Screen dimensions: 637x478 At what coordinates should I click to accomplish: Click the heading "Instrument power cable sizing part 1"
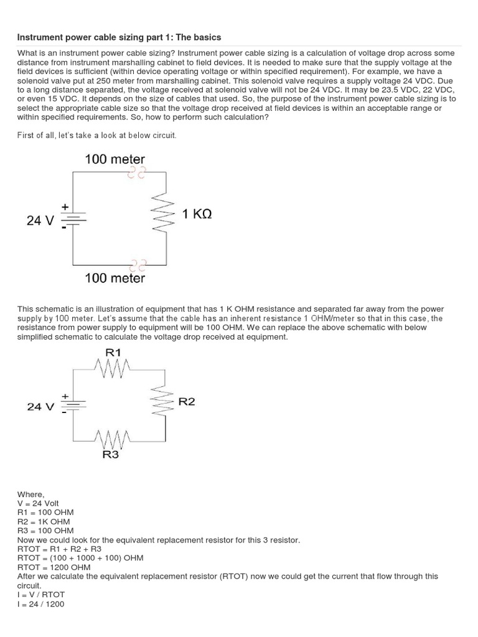[119, 37]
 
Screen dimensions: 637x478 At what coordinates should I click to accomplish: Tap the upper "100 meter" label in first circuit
[115, 159]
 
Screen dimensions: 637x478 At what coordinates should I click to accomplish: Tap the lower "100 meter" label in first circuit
[115, 278]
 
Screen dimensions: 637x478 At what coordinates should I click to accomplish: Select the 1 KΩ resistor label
[197, 214]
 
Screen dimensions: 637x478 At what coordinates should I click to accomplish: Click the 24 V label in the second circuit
[40, 406]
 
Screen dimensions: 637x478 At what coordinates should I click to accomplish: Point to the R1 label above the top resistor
[113, 353]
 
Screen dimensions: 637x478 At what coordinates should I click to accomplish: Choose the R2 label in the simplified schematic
[187, 402]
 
